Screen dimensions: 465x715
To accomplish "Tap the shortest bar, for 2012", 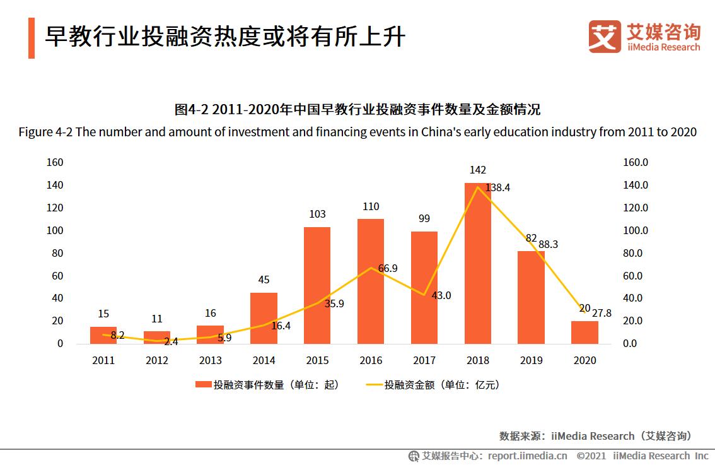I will coord(157,338).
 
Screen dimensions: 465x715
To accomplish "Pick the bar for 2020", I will coord(584,333).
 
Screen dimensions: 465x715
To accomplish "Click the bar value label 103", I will coord(317,215).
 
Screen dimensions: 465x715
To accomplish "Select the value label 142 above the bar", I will coord(477,170).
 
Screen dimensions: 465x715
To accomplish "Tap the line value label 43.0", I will coord(441,295).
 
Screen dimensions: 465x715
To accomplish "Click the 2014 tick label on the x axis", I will coord(264,361).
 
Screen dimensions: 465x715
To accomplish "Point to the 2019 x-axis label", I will coord(531,361).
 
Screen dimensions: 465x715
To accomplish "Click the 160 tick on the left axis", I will coord(55,163).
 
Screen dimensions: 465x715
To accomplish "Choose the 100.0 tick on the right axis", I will coord(636,231).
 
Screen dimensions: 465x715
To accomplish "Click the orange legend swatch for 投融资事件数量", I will coord(202,385).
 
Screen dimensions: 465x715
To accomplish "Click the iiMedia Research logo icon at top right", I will coord(604,36).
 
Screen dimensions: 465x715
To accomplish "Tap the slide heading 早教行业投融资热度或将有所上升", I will coord(224,37).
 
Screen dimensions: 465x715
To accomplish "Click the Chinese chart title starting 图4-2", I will coord(357,110).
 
